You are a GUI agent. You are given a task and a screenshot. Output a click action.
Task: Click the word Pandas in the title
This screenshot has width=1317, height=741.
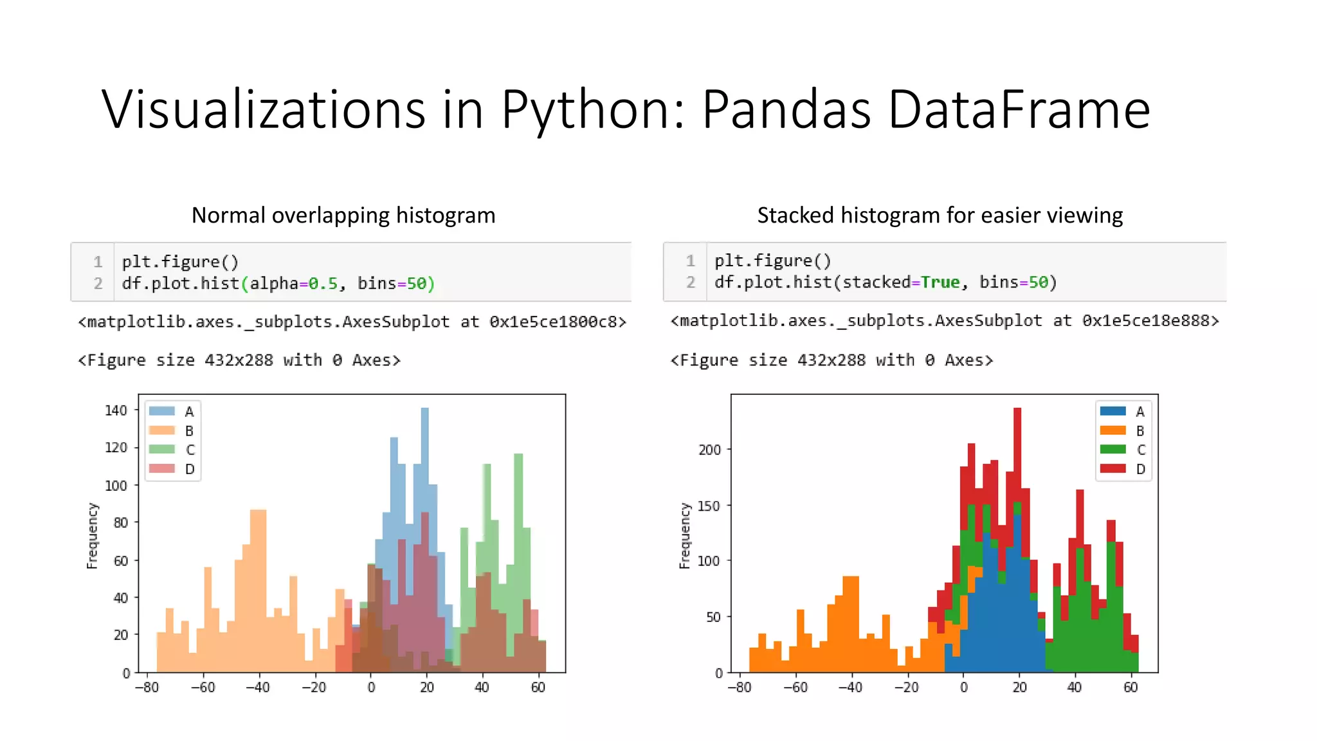coord(786,109)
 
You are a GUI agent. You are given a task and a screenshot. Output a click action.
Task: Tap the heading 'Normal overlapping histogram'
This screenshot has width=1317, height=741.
coord(343,215)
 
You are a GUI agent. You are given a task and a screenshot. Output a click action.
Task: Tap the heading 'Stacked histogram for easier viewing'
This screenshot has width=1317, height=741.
coord(940,215)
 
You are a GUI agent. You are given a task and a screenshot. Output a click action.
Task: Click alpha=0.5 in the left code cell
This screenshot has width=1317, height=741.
coord(293,283)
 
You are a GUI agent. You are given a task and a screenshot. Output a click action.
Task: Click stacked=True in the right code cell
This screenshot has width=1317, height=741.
coord(901,282)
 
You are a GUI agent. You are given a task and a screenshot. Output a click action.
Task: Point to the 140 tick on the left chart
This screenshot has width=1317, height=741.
coord(116,410)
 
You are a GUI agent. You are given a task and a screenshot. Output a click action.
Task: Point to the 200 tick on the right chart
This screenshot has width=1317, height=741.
coord(709,450)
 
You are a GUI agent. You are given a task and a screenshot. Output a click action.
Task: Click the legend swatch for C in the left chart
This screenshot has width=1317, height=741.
coord(162,449)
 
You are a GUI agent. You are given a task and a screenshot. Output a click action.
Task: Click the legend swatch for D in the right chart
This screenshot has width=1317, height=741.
coord(1113,468)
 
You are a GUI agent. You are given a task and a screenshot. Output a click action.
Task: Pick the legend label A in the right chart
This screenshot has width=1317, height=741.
coord(1140,412)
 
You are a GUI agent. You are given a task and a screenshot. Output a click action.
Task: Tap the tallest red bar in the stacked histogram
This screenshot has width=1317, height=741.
coord(1017,450)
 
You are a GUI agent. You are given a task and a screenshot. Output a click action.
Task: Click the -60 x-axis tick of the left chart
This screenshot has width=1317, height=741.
coord(203,687)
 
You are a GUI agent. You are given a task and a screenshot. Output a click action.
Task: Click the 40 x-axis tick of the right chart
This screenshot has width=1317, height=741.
coord(1074,687)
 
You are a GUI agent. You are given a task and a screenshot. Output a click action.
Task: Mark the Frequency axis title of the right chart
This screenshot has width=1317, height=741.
coord(684,535)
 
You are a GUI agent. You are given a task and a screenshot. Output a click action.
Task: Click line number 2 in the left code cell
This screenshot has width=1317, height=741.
coord(98,283)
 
